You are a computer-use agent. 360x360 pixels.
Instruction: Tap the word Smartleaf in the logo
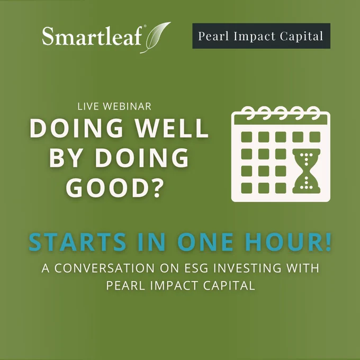92,36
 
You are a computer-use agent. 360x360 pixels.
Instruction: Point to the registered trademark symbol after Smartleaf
145,26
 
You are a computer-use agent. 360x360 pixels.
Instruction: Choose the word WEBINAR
127,106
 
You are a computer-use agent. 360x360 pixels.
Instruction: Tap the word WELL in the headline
172,128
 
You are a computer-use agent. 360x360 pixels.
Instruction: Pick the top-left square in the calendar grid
247,137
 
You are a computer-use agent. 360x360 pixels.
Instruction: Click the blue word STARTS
77,242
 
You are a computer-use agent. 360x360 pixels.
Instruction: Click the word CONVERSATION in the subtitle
104,268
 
